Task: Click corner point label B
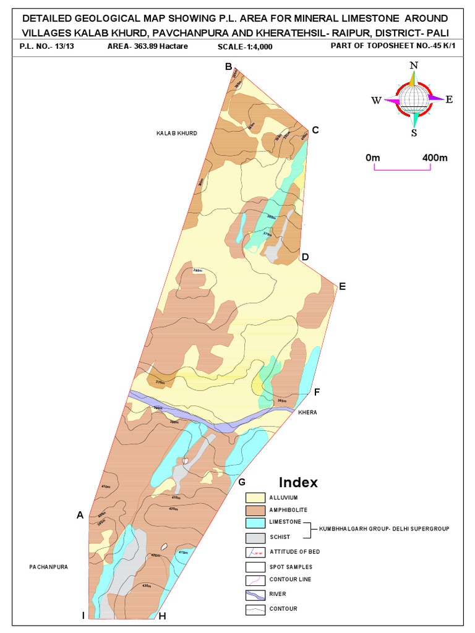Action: pyautogui.click(x=228, y=67)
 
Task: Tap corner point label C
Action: pyautogui.click(x=315, y=130)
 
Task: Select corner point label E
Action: pyautogui.click(x=342, y=286)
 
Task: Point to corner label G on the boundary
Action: pyautogui.click(x=242, y=482)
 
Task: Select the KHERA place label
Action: pyautogui.click(x=307, y=412)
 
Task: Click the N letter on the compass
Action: pyautogui.click(x=414, y=66)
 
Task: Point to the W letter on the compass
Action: pyautogui.click(x=376, y=101)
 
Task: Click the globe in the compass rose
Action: pyautogui.click(x=414, y=97)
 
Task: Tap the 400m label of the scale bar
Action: pyautogui.click(x=434, y=158)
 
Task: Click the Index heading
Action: pyautogui.click(x=298, y=482)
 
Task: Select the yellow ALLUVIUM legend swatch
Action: pyautogui.click(x=254, y=498)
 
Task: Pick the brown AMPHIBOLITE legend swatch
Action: pyautogui.click(x=254, y=510)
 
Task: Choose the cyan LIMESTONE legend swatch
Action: pyautogui.click(x=254, y=523)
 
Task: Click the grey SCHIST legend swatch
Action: pyautogui.click(x=254, y=537)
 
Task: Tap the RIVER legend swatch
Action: pyautogui.click(x=254, y=595)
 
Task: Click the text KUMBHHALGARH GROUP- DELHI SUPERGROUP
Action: pyautogui.click(x=383, y=530)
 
